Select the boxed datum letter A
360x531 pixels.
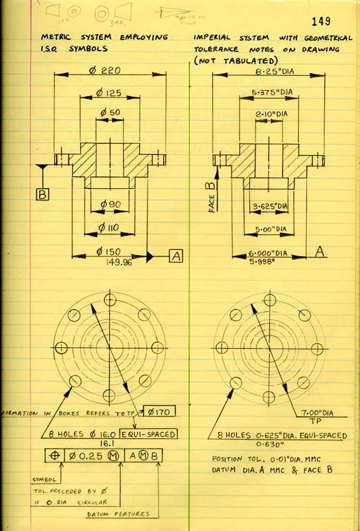coord(176,256)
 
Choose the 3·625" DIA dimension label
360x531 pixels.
coord(269,205)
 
